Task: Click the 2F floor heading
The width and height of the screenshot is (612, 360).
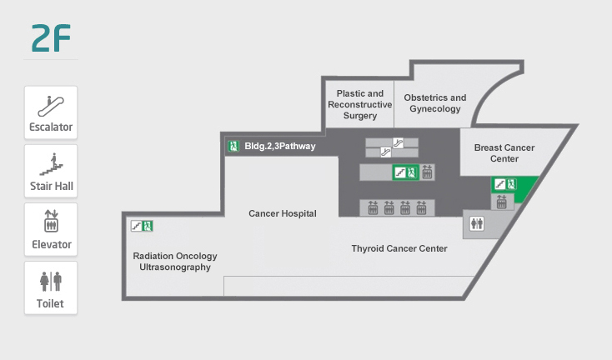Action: point(50,38)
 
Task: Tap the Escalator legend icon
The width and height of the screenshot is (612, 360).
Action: point(51,105)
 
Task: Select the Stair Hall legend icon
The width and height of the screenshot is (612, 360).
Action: point(51,163)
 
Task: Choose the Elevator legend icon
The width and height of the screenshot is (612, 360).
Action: point(51,222)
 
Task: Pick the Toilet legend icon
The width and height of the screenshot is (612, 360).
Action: point(51,281)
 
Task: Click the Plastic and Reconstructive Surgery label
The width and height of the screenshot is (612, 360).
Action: point(359,105)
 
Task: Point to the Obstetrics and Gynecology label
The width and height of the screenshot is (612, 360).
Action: point(434,103)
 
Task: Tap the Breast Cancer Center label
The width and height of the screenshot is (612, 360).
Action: point(504,153)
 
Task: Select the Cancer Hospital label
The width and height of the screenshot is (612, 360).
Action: point(283,213)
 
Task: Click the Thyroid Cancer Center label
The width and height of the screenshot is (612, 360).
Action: point(399,248)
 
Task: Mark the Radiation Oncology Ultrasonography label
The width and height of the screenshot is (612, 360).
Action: point(175,262)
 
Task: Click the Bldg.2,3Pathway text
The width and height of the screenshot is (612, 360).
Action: point(280,147)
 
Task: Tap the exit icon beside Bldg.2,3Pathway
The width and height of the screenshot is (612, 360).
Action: point(233,147)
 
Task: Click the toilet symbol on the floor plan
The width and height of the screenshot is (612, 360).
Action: point(477,223)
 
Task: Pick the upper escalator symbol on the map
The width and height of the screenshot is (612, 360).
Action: point(399,142)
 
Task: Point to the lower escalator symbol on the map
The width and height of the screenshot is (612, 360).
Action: point(386,152)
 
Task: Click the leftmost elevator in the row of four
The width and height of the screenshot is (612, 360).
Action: point(374,207)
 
